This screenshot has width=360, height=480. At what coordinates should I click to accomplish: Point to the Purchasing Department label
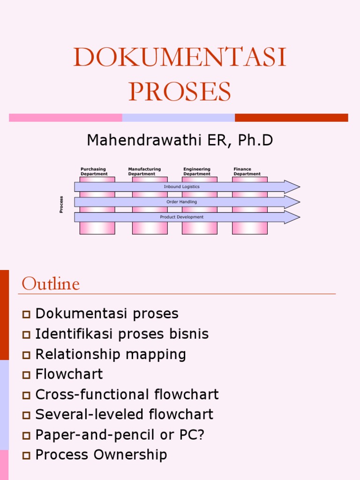(x=94, y=172)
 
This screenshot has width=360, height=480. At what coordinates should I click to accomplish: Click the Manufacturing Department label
(x=144, y=172)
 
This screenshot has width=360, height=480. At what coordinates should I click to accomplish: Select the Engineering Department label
(x=197, y=172)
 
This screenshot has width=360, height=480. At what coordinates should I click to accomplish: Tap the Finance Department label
(x=247, y=172)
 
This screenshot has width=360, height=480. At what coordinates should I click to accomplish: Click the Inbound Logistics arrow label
(x=181, y=187)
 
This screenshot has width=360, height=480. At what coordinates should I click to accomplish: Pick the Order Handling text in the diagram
(x=181, y=202)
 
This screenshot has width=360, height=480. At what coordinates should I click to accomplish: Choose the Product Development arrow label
(x=181, y=217)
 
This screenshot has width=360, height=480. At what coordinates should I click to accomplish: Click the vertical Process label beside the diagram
(x=61, y=204)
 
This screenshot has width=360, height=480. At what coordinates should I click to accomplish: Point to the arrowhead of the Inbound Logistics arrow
(x=291, y=187)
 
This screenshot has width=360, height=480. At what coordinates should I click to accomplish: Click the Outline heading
(x=51, y=284)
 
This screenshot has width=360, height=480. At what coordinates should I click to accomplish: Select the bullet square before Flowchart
(x=26, y=375)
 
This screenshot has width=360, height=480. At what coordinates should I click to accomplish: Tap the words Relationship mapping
(x=111, y=354)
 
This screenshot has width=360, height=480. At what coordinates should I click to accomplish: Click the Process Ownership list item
(x=101, y=455)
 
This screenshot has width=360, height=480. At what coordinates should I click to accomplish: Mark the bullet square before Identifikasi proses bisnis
(x=26, y=334)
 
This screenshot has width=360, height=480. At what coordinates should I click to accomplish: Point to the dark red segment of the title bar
(x=291, y=118)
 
